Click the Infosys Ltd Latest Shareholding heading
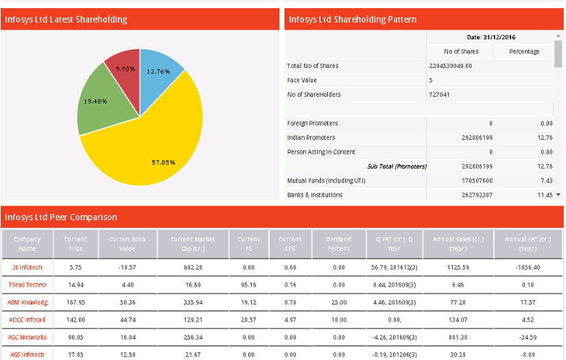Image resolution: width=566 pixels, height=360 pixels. pyautogui.click(x=66, y=19)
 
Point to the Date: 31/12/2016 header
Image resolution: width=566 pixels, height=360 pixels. pyautogui.click(x=491, y=37)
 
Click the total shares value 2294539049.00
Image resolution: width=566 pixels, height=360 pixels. pyautogui.click(x=450, y=66)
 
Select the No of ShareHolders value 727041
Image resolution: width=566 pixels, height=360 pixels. pyautogui.click(x=439, y=95)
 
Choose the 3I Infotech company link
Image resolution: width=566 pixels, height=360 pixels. pyautogui.click(x=27, y=267)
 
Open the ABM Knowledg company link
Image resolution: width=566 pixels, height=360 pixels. pyautogui.click(x=28, y=302)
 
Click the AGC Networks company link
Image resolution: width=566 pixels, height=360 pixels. pyautogui.click(x=28, y=337)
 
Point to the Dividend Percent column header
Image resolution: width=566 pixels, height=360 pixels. pyautogui.click(x=339, y=243)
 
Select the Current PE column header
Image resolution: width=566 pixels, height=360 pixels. pyautogui.click(x=249, y=243)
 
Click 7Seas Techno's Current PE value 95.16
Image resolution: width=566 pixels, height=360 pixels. pyautogui.click(x=249, y=285)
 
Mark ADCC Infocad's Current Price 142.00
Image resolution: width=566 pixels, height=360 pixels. pyautogui.click(x=75, y=319)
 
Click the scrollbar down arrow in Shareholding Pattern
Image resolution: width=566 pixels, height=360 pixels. pyautogui.click(x=558, y=195)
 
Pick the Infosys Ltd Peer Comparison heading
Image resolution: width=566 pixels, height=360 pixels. pyautogui.click(x=61, y=217)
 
